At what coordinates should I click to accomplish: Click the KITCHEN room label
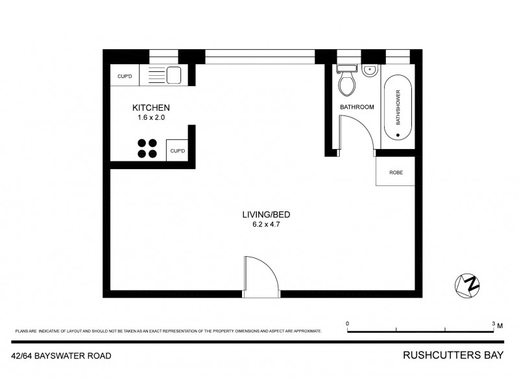point(151,108)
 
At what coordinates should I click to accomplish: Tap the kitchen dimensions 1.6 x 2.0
point(151,118)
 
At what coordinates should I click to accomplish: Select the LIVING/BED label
point(258,215)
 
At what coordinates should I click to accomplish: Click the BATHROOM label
point(357,107)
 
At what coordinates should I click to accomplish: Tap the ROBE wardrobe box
point(396,173)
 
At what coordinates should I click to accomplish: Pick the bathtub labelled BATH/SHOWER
point(397,108)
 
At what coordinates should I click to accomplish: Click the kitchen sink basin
point(173,76)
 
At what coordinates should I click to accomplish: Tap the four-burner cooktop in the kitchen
point(147,148)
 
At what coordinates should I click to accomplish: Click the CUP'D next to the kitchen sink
point(125,77)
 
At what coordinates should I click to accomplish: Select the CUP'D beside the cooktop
point(177,151)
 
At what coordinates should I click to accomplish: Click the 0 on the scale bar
point(348,323)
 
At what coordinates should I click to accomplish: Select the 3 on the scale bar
point(493,323)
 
